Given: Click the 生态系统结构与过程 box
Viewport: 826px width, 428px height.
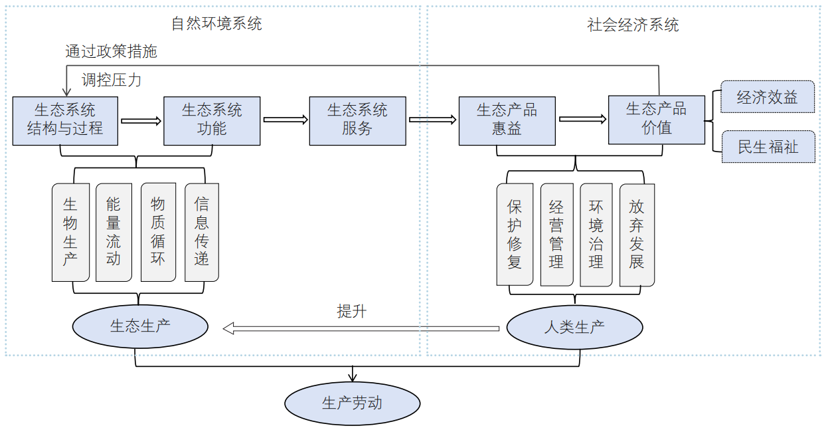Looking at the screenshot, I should point(65,120).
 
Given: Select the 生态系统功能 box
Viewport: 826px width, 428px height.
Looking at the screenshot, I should point(212,120).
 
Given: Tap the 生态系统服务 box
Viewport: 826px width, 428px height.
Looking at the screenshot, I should point(357,120).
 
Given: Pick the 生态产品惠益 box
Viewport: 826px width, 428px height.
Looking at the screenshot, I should point(507,120).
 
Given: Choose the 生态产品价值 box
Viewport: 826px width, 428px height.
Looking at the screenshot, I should point(657,120).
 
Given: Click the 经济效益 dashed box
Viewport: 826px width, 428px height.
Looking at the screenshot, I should point(768,98).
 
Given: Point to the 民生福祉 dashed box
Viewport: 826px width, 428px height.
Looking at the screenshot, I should point(768,146).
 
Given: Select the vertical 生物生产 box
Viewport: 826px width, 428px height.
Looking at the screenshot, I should point(70,232).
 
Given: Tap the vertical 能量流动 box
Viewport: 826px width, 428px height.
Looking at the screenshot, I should point(114,232).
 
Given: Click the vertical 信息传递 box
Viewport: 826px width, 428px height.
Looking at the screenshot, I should point(201,232).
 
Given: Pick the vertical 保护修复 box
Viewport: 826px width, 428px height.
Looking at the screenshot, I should point(515,234).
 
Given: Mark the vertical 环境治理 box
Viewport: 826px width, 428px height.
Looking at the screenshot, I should point(596,234).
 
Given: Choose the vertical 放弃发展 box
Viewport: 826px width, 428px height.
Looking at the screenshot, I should point(637,234).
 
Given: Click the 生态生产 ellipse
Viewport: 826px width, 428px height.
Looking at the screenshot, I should point(140,326).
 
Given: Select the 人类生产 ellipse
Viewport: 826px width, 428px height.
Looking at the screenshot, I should point(574,327).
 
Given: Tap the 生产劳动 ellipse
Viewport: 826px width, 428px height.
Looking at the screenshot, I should point(352,403).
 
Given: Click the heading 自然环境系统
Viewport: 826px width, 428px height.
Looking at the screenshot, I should point(216,24).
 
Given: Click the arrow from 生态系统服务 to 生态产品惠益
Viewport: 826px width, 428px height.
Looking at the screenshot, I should point(432,120).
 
